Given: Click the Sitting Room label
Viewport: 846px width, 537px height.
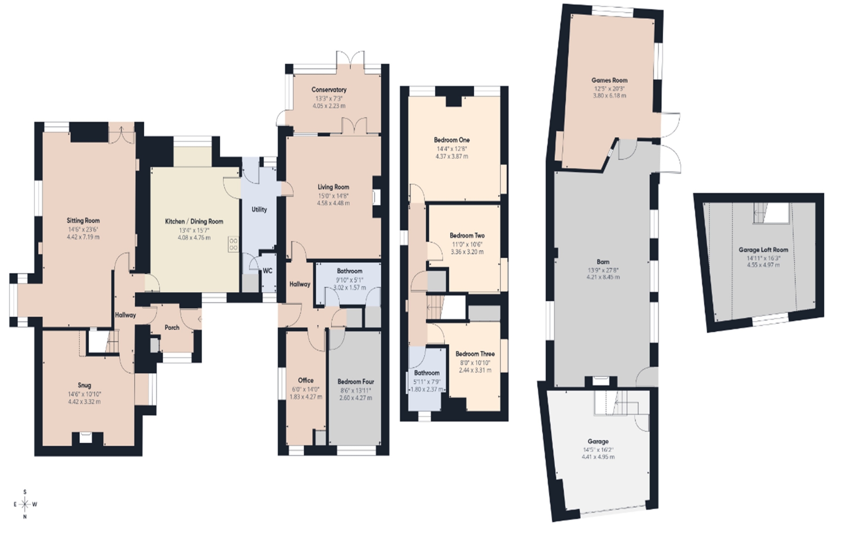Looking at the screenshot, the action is click(83, 221).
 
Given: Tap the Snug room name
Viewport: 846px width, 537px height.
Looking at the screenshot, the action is click(84, 385).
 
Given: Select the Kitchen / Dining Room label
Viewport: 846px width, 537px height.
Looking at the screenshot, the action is click(194, 222).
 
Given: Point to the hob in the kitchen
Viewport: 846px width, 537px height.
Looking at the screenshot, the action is click(234, 244).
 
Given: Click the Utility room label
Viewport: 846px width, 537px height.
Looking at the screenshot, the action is click(259, 210).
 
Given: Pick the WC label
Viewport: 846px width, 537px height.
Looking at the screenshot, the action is click(267, 271).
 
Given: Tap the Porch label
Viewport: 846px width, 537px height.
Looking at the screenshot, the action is click(172, 327).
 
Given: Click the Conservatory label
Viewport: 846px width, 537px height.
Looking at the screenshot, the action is click(329, 90).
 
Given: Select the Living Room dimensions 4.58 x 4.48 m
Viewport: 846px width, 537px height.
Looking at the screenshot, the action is click(333, 203).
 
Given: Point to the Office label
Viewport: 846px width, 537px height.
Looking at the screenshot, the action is click(306, 380).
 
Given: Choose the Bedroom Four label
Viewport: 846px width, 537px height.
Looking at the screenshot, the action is click(356, 382).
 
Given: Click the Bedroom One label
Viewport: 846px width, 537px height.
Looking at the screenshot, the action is click(452, 140).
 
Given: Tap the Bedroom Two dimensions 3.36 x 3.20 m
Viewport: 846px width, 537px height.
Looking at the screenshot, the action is click(467, 252).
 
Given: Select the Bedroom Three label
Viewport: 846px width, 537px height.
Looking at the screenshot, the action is click(475, 354).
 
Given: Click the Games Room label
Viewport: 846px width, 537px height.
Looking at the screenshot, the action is click(609, 80).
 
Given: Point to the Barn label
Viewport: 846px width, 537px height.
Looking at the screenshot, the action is click(603, 262).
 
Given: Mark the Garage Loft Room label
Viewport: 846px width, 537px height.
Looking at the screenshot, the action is click(763, 250).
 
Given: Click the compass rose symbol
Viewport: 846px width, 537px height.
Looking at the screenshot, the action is click(25, 504).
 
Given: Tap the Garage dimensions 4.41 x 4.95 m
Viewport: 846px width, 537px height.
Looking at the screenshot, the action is click(598, 457).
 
